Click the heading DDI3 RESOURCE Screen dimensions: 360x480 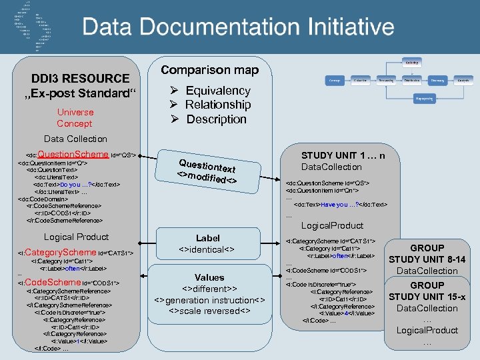tap(80, 79)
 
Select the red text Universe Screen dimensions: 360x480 tap(75, 112)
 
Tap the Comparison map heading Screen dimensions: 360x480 tap(210, 70)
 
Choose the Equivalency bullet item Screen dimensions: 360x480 tap(217, 91)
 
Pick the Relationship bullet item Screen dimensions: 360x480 tap(217, 105)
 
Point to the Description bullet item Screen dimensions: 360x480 tap(216, 119)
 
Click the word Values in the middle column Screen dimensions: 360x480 tap(209, 277)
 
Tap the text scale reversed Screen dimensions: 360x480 tap(209, 311)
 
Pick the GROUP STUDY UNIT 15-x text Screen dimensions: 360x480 tap(427, 291)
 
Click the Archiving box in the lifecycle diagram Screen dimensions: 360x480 tap(412, 62)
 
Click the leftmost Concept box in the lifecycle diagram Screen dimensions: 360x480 tap(334, 80)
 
